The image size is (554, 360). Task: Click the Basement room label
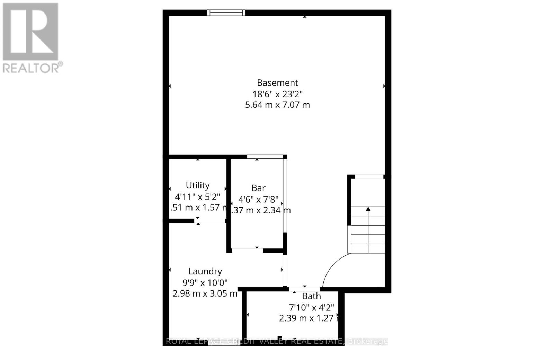pos(277,83)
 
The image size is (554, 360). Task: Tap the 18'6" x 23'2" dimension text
pos(277,94)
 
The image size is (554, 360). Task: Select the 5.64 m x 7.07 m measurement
pos(277,105)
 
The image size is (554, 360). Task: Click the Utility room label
pos(198,185)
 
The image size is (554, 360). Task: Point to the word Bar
pos(258,188)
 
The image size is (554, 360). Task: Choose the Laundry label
pos(205,271)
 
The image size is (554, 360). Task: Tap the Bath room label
pos(311,296)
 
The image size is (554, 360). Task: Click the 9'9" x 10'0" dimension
pos(205,282)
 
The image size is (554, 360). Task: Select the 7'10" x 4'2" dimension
pos(311,307)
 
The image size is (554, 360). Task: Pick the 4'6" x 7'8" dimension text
pos(258,199)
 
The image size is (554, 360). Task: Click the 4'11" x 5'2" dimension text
pos(198,197)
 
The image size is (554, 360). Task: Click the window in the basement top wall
pos(226,13)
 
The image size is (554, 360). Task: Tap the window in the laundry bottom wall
pos(224,343)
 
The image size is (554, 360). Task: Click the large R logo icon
pos(30,32)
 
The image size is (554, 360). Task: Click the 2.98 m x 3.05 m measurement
pos(205,293)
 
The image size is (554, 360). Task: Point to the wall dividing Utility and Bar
pos(229,204)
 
